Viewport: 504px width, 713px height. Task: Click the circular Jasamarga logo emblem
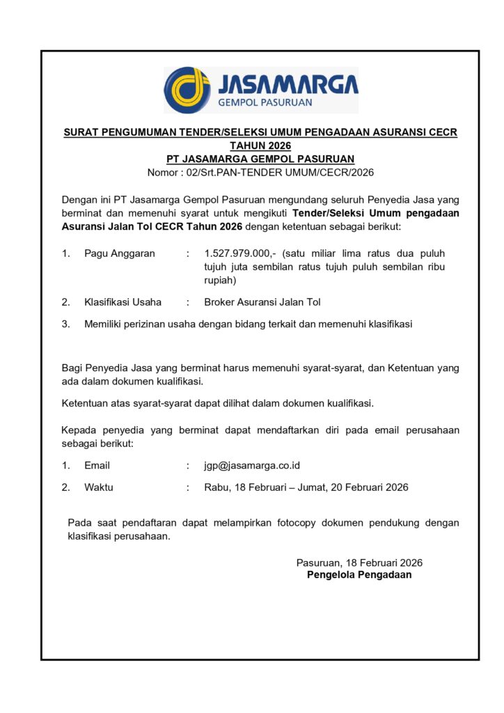tap(187, 90)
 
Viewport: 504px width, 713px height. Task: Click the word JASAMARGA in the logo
tap(288, 85)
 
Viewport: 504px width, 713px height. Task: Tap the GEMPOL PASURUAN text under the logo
tap(265, 102)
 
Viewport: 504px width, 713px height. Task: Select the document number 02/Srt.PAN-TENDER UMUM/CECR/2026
tap(278, 173)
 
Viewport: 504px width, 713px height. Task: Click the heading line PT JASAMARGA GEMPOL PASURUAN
tap(260, 159)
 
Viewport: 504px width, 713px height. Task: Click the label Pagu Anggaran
tap(120, 253)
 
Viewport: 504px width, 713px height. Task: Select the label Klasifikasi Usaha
tap(123, 302)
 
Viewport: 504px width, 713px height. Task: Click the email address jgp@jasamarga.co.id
tap(252, 465)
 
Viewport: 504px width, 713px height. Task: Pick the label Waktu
tap(99, 487)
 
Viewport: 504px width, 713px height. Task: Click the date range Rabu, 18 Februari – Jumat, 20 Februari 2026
tap(306, 487)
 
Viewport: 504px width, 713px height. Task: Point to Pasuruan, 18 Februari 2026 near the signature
tap(359, 563)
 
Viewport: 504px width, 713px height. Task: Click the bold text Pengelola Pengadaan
tap(359, 575)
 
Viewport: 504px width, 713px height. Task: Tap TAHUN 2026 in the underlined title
tap(260, 146)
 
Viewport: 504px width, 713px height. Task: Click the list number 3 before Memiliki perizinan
tap(65, 324)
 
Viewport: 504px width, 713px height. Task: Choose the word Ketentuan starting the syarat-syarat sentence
tap(86, 403)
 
